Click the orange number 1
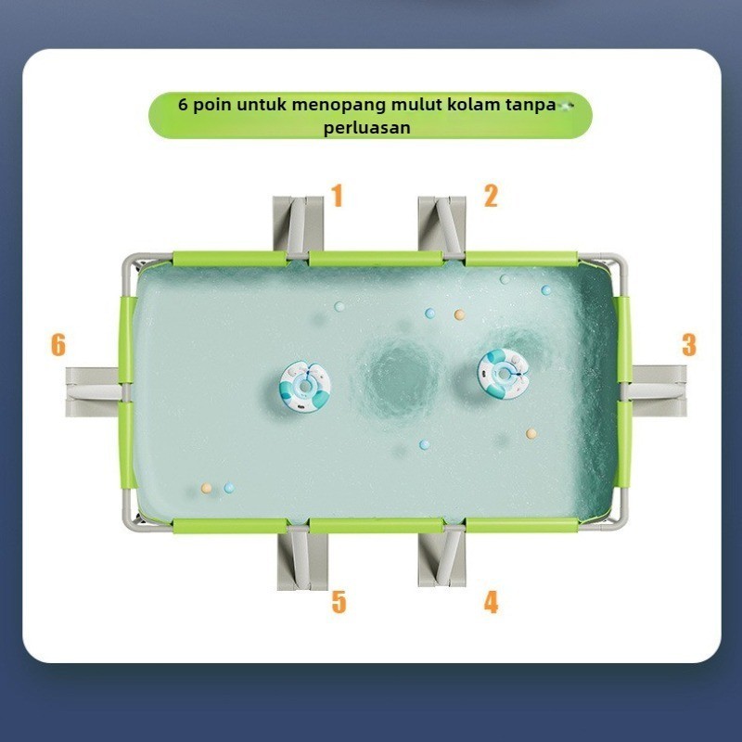tap(337, 196)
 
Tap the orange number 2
tap(491, 196)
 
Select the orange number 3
tap(689, 345)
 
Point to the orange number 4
tap(491, 602)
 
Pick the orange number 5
tap(339, 602)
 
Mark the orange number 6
tap(58, 344)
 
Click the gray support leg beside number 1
tap(298, 225)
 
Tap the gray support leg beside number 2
tap(442, 225)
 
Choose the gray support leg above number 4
tap(442, 557)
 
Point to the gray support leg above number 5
tap(301, 559)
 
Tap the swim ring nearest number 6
tap(305, 386)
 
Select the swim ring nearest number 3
tap(503, 373)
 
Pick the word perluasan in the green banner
tap(366, 128)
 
